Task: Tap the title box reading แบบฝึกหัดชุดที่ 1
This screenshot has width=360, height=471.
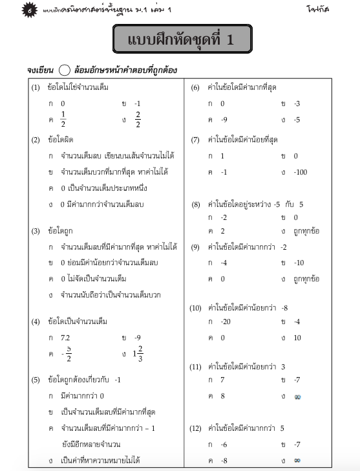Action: [x=182, y=39]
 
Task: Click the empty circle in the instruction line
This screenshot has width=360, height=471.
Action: [x=64, y=71]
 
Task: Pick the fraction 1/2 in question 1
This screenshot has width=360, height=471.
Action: [x=63, y=120]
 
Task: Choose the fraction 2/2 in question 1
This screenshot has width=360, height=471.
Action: [x=137, y=120]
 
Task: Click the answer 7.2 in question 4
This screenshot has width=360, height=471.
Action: [x=65, y=338]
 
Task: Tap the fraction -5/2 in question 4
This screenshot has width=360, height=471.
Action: [x=67, y=355]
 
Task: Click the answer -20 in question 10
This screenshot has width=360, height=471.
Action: [x=226, y=322]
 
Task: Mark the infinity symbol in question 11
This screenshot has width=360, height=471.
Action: [x=298, y=395]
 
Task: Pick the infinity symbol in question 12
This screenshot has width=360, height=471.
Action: [x=297, y=461]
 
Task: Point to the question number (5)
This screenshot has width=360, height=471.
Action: [x=36, y=379]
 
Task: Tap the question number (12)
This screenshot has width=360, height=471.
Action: [x=196, y=428]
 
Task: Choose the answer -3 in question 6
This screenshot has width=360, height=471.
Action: [x=297, y=104]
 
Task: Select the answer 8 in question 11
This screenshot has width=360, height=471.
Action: [x=222, y=395]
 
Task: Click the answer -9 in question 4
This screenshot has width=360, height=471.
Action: [x=138, y=338]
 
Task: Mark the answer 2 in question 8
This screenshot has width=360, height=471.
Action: [x=223, y=231]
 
